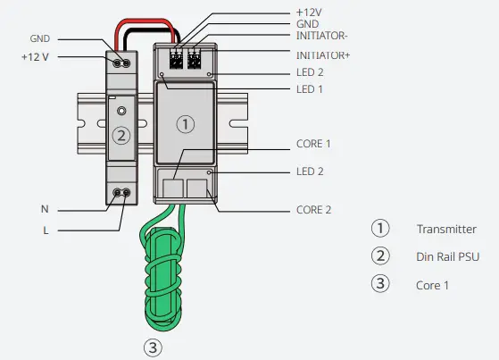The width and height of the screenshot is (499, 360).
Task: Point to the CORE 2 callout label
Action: pyautogui.click(x=313, y=210)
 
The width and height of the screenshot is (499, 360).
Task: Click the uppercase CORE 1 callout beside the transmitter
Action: pyautogui.click(x=313, y=143)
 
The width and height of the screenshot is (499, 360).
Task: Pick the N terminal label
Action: pyautogui.click(x=44, y=209)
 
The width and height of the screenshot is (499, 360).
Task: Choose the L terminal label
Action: pyautogui.click(x=44, y=231)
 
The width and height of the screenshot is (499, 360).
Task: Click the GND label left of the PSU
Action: pyautogui.click(x=40, y=39)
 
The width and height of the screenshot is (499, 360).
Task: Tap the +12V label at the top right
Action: pyautogui.click(x=309, y=12)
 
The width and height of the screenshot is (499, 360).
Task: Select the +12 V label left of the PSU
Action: pyautogui.click(x=37, y=57)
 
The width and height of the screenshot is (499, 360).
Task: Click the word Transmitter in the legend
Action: pyautogui.click(x=445, y=229)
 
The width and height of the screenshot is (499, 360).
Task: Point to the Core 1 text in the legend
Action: pyautogui.click(x=431, y=285)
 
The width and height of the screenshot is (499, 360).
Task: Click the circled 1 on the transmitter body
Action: pyautogui.click(x=185, y=124)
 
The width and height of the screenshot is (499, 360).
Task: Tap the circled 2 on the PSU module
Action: pyautogui.click(x=122, y=136)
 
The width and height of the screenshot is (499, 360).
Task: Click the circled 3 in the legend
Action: pyautogui.click(x=380, y=285)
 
